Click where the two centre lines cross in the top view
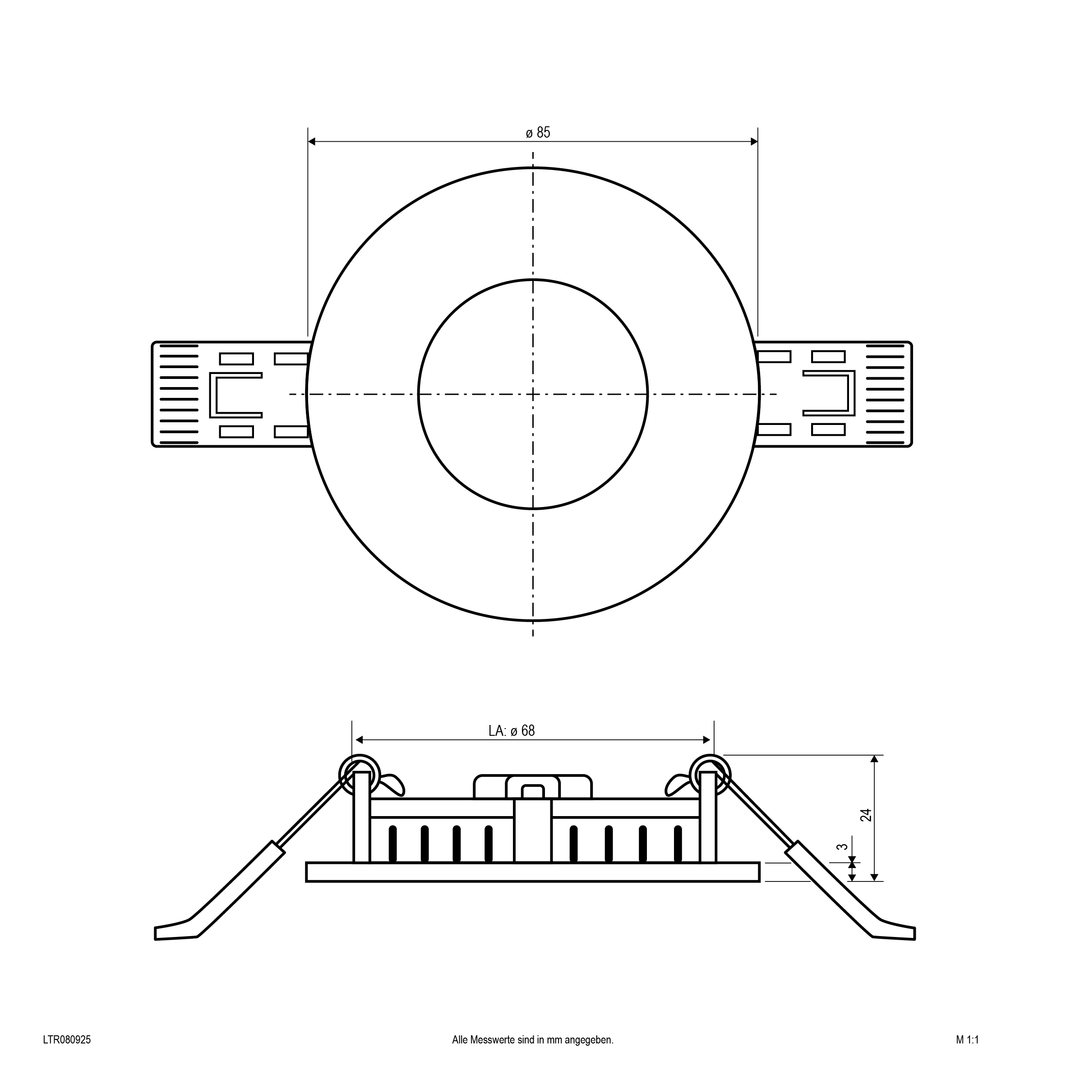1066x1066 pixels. (x=533, y=394)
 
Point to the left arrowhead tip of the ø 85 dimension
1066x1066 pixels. (x=308, y=142)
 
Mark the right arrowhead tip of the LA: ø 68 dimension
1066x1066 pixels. (x=710, y=740)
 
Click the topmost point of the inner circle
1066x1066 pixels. (x=533, y=280)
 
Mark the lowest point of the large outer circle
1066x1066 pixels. (x=533, y=621)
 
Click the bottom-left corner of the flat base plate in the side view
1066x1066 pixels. (x=306, y=881)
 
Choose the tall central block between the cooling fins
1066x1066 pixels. (x=533, y=831)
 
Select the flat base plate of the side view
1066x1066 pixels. (x=533, y=872)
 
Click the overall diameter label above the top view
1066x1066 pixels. (x=538, y=133)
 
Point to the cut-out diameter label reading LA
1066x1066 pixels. (x=512, y=730)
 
